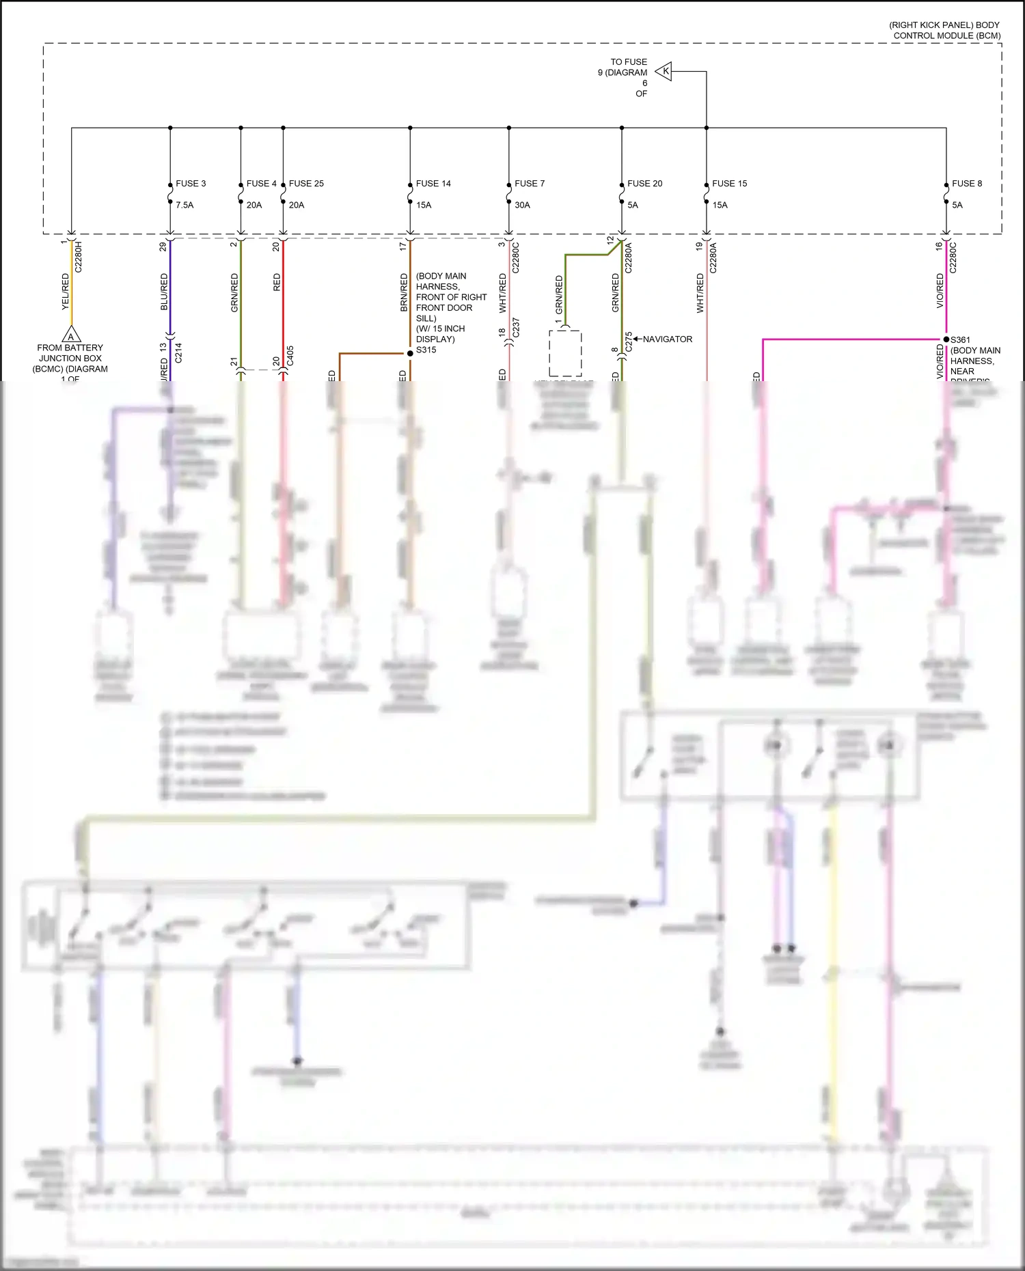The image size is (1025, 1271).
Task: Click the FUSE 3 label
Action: point(191,184)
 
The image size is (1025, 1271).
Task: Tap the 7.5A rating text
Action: point(184,205)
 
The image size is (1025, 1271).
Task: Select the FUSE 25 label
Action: point(306,184)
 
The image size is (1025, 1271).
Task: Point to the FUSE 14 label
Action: point(433,184)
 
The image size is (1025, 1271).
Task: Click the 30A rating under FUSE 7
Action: point(522,205)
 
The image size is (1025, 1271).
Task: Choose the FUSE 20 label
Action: point(644,184)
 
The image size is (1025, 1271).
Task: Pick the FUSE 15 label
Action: point(729,184)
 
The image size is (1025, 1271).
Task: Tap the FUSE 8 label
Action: point(966,184)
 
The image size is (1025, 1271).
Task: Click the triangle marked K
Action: point(664,71)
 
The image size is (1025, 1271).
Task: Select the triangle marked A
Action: point(71,335)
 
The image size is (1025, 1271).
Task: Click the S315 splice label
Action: point(426,350)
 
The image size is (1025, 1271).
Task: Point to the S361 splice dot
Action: point(946,339)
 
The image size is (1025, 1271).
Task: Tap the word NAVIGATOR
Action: point(667,339)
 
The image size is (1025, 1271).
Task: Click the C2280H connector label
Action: point(79,257)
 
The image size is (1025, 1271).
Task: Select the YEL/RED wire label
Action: point(66,292)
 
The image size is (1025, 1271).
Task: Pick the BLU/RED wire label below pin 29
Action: point(164,292)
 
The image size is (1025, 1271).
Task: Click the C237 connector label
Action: point(517,327)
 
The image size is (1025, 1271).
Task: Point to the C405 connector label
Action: point(290,355)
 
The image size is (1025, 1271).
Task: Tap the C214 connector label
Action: point(178,352)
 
